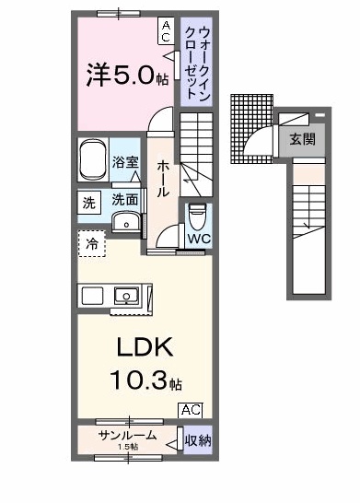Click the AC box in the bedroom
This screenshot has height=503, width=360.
click(166, 32)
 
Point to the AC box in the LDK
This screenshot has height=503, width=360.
click(190, 410)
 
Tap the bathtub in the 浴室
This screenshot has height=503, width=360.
click(93, 161)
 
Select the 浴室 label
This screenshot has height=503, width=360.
click(125, 162)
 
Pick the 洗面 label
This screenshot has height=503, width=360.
click(125, 199)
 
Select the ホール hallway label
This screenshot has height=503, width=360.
click(162, 178)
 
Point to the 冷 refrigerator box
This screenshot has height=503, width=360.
click(92, 244)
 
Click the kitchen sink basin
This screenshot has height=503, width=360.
click(124, 296)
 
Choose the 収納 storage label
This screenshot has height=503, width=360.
click(197, 440)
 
